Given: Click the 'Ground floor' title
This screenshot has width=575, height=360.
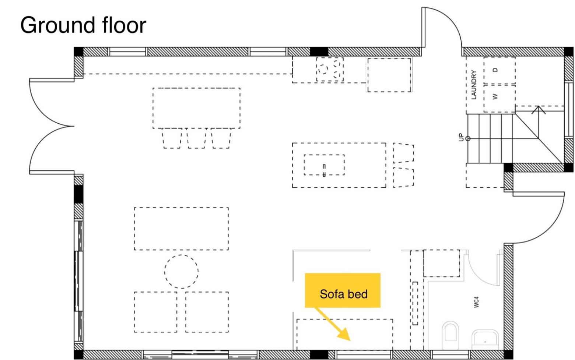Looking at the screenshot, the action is (83, 25).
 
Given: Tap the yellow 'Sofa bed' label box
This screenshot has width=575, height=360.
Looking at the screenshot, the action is (343, 290).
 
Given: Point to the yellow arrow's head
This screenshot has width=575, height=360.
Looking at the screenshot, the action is (345, 335).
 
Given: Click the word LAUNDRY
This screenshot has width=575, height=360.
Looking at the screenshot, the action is (474, 84).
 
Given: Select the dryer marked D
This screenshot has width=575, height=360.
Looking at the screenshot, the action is (499, 70).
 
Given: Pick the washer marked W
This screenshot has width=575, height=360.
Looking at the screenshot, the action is (499, 98).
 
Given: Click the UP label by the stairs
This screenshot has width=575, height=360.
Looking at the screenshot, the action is (461, 137).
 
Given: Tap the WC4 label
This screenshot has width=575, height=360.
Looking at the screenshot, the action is (476, 302).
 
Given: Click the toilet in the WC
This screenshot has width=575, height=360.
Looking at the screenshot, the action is (450, 335).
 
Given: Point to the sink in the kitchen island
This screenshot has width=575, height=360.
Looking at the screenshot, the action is (324, 165).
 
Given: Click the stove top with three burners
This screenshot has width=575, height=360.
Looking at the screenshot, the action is (330, 69).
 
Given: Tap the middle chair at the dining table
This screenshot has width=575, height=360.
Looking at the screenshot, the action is (197, 138).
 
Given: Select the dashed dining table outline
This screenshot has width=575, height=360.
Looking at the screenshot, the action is (196, 108).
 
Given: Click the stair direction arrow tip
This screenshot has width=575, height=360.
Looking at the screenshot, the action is (538, 106).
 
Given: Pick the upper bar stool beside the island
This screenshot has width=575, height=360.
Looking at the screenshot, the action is (403, 153).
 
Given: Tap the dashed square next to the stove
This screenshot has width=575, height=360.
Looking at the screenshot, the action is (389, 75).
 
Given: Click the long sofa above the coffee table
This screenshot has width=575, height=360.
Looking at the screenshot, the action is (181, 229).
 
